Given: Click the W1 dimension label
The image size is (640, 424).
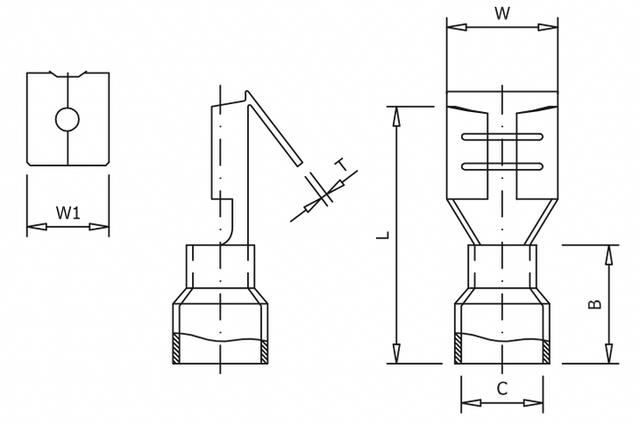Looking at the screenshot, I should click(68, 212).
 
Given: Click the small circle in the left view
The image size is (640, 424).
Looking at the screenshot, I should click(68, 117).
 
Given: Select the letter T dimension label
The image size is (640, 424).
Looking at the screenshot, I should click(340, 165).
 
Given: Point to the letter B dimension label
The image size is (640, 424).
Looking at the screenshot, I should click(596, 303).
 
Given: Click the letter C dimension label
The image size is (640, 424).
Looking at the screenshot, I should click(501, 388).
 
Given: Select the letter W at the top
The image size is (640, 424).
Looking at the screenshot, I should click(501, 12).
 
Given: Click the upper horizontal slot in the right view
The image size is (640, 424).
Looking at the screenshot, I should click(501, 138).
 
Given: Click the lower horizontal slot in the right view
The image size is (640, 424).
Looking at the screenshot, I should click(501, 165).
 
